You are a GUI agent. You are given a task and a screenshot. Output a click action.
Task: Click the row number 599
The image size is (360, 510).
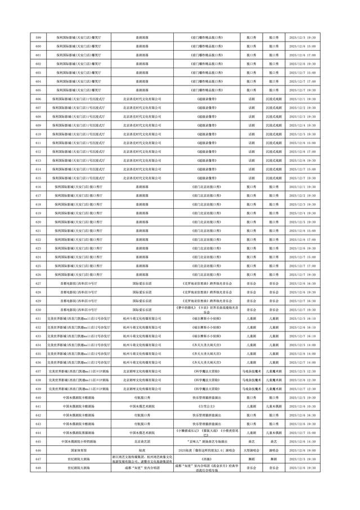pyautogui.click(x=38, y=37)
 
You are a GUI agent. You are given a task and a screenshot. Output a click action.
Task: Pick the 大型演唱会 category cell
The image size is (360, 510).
pyautogui.click(x=250, y=451)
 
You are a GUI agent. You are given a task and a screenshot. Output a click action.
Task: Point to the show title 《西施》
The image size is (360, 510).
pyautogui.click(x=201, y=459)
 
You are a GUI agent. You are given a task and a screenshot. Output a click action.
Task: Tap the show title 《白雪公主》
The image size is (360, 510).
pyautogui.click(x=201, y=406)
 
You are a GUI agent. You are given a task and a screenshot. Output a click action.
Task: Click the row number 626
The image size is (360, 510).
pyautogui.click(x=38, y=275)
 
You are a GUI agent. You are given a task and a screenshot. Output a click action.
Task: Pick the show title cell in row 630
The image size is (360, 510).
pyautogui.click(x=201, y=310)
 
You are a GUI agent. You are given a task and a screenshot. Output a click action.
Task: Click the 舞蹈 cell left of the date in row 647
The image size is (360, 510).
pyautogui.click(x=274, y=459)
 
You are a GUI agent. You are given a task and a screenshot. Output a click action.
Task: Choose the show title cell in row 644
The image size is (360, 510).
pyautogui.click(x=201, y=433)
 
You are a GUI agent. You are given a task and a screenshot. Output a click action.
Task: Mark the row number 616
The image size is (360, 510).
pyautogui.click(x=38, y=187)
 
